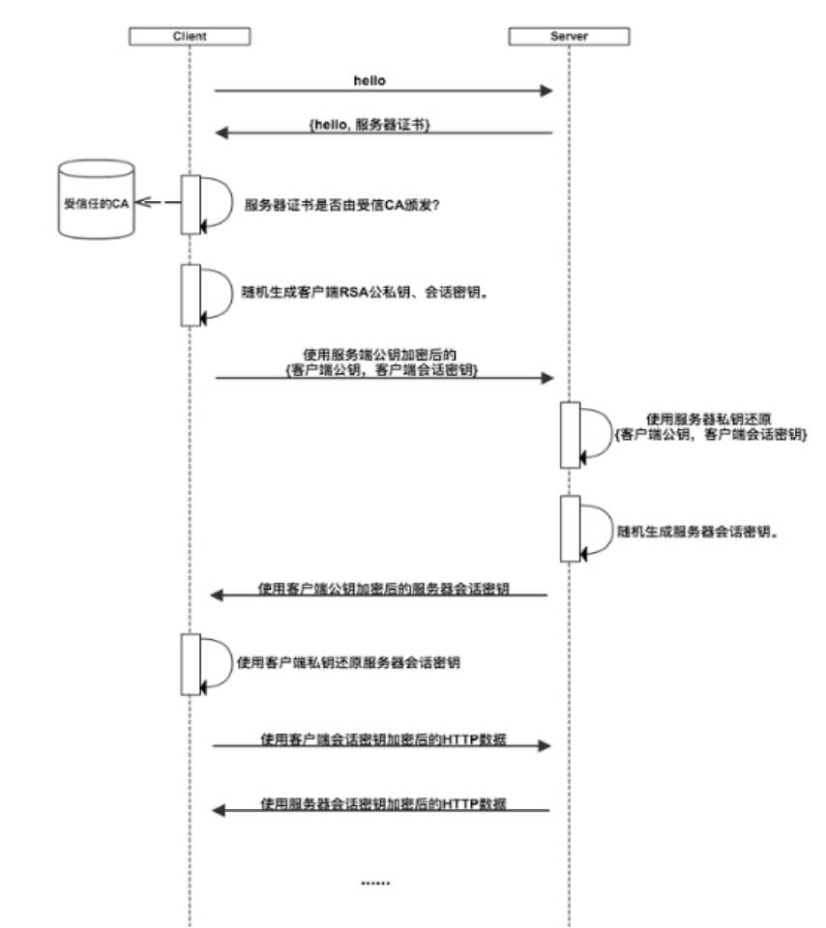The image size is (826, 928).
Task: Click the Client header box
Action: pyautogui.click(x=190, y=37)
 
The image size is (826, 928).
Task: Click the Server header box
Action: pyautogui.click(x=570, y=37)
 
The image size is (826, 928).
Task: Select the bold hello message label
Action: pyautogui.click(x=369, y=81)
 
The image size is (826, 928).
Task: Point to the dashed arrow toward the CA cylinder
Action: pyautogui.click(x=157, y=203)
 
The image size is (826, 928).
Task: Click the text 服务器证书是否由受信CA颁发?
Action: pyautogui.click(x=342, y=205)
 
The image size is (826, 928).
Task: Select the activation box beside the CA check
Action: pyautogui.click(x=191, y=204)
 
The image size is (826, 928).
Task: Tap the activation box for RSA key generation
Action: pyautogui.click(x=191, y=294)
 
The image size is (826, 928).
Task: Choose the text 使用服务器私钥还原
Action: pyautogui.click(x=709, y=420)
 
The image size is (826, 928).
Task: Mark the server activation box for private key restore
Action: pyautogui.click(x=570, y=432)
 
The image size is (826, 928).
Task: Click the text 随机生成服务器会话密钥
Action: pyautogui.click(x=699, y=532)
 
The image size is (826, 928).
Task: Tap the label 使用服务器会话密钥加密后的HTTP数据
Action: pyautogui.click(x=385, y=802)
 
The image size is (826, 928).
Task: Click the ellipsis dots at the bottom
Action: pyautogui.click(x=374, y=883)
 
